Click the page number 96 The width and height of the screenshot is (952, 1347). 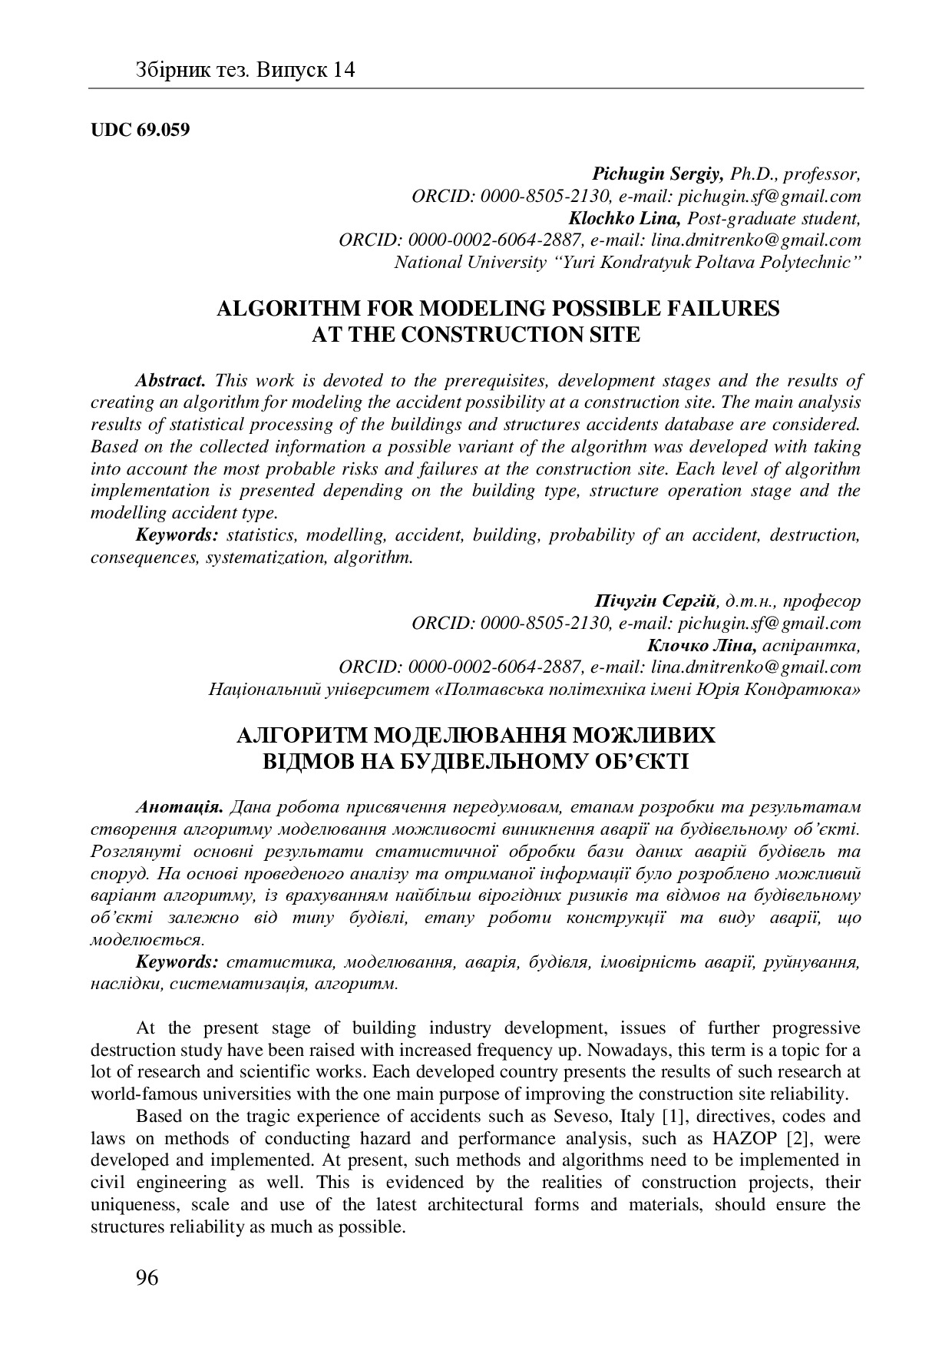pyautogui.click(x=147, y=1278)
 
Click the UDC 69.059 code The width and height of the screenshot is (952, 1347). pyautogui.click(x=140, y=129)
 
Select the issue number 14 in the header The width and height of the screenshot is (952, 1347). pyautogui.click(x=344, y=71)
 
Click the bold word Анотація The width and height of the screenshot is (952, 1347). pyautogui.click(x=180, y=807)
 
